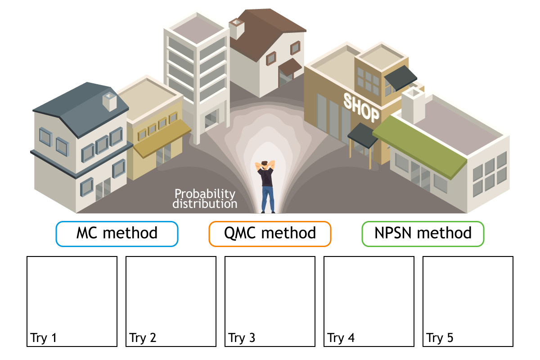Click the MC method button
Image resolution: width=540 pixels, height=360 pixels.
pyautogui.click(x=117, y=234)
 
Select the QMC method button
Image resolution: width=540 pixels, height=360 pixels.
pyautogui.click(x=270, y=234)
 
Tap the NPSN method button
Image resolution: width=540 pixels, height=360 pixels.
pyautogui.click(x=423, y=234)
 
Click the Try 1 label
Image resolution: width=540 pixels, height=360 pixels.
pyautogui.click(x=44, y=338)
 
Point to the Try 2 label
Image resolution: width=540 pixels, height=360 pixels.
pyautogui.click(x=143, y=338)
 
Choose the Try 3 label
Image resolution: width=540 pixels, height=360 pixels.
pyautogui.click(x=242, y=338)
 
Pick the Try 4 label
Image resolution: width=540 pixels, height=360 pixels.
pyautogui.click(x=341, y=338)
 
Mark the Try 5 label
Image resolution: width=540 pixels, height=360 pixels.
pyautogui.click(x=440, y=338)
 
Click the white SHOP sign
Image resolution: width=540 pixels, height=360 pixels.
pyautogui.click(x=361, y=107)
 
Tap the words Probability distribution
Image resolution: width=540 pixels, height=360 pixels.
pyautogui.click(x=205, y=199)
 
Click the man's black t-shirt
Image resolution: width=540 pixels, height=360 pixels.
pyautogui.click(x=267, y=177)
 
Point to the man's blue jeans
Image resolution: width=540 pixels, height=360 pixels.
pyautogui.click(x=268, y=198)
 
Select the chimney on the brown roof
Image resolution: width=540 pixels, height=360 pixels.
pyautogui.click(x=236, y=29)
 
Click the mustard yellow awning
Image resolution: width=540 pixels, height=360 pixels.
pyautogui.click(x=162, y=137)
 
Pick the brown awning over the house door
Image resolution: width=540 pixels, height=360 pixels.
pyautogui.click(x=290, y=67)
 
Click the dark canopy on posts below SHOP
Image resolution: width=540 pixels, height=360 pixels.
pyautogui.click(x=363, y=135)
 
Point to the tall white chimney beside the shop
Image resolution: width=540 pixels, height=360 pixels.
pyautogui.click(x=412, y=106)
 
